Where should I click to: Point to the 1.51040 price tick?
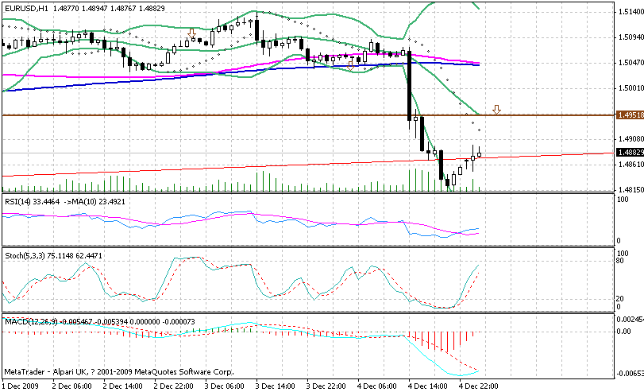tap(630, 11)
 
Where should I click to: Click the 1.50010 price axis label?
tap(630, 88)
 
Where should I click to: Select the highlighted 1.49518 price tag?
tap(629, 115)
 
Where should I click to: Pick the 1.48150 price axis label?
tap(630, 190)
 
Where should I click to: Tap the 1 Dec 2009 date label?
tap(20, 386)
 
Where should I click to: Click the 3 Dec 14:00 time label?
tap(275, 386)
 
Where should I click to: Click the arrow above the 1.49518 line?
tap(496, 108)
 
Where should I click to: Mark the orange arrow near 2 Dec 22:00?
tap(191, 33)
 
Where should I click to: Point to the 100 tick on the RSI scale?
tap(623, 200)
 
